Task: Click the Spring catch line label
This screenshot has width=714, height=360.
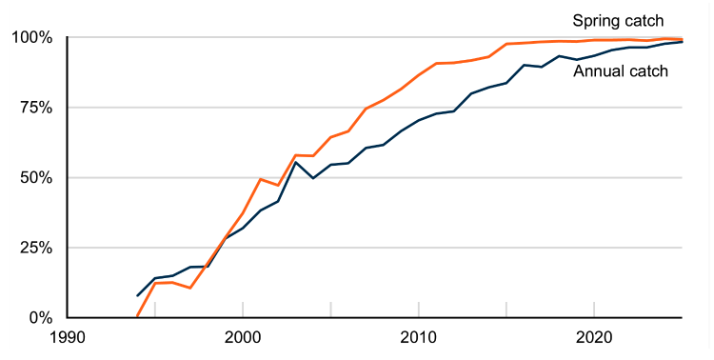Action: coord(617,20)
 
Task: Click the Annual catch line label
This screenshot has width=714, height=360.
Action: coord(621,70)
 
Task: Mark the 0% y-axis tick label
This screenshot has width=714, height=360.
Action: coord(42,317)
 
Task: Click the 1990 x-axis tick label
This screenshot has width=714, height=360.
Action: coord(68,337)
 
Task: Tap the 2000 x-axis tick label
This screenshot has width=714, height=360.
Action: coord(243,337)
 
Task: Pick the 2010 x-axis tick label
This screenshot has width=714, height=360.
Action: coord(418,337)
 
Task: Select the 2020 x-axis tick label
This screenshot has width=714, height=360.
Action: coord(593,337)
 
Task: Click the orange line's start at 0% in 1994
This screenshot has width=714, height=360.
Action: coord(138,316)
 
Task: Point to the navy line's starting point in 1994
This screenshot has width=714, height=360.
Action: coord(138,295)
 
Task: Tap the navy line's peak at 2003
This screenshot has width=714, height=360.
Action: coord(296,162)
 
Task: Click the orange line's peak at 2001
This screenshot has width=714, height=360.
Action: coord(261,179)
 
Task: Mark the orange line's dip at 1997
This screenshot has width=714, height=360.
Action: coord(190,288)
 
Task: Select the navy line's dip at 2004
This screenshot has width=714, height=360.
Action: coord(313,178)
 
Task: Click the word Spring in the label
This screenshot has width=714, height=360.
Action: coord(594,20)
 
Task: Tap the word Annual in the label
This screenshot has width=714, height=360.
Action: coord(598,70)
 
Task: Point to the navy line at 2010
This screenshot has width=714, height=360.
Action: coord(418,121)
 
